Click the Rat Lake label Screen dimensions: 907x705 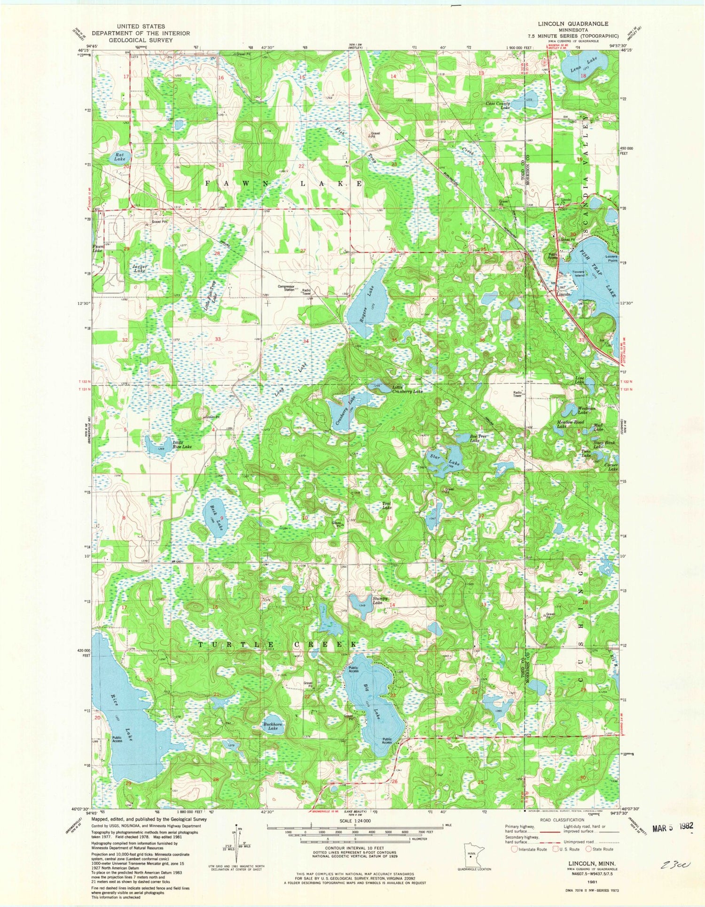click(x=119, y=156)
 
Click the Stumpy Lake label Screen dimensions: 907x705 click(x=379, y=600)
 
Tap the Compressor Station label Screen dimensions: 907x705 click(x=286, y=288)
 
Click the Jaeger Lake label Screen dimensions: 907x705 click(x=139, y=268)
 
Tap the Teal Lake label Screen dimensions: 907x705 click(x=387, y=506)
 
